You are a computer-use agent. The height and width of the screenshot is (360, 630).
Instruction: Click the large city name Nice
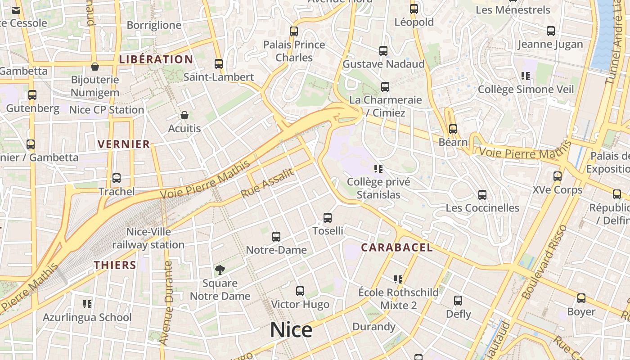[291, 330]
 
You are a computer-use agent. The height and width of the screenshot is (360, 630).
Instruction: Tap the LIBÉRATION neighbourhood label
[156, 59]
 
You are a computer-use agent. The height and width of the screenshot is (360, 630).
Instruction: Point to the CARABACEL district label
[397, 247]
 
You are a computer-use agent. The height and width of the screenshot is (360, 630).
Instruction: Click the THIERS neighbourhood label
[115, 265]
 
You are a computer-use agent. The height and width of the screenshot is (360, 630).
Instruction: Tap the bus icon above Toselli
[328, 218]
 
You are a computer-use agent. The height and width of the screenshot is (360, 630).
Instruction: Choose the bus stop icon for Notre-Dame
[276, 237]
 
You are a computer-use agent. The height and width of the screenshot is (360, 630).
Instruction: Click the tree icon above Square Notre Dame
[220, 270]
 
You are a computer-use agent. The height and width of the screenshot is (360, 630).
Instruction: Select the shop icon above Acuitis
[184, 116]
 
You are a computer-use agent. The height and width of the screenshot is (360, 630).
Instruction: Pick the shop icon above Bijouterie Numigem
[95, 67]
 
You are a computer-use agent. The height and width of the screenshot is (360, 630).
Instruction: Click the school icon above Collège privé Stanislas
[378, 169]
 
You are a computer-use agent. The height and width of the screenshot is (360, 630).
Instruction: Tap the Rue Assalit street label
[267, 183]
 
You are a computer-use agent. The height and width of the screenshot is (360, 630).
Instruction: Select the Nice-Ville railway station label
[148, 238]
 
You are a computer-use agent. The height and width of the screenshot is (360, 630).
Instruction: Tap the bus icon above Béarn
[453, 129]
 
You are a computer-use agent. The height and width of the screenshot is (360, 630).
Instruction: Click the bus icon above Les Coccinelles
[482, 195]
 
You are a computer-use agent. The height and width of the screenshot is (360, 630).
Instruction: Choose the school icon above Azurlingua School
[87, 304]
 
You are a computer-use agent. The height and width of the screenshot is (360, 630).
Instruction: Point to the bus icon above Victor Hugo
[300, 291]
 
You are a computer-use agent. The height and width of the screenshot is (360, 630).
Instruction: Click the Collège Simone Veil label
[526, 89]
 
